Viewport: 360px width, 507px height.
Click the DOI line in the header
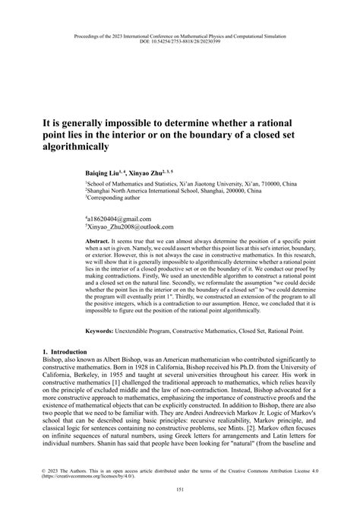(180, 43)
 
